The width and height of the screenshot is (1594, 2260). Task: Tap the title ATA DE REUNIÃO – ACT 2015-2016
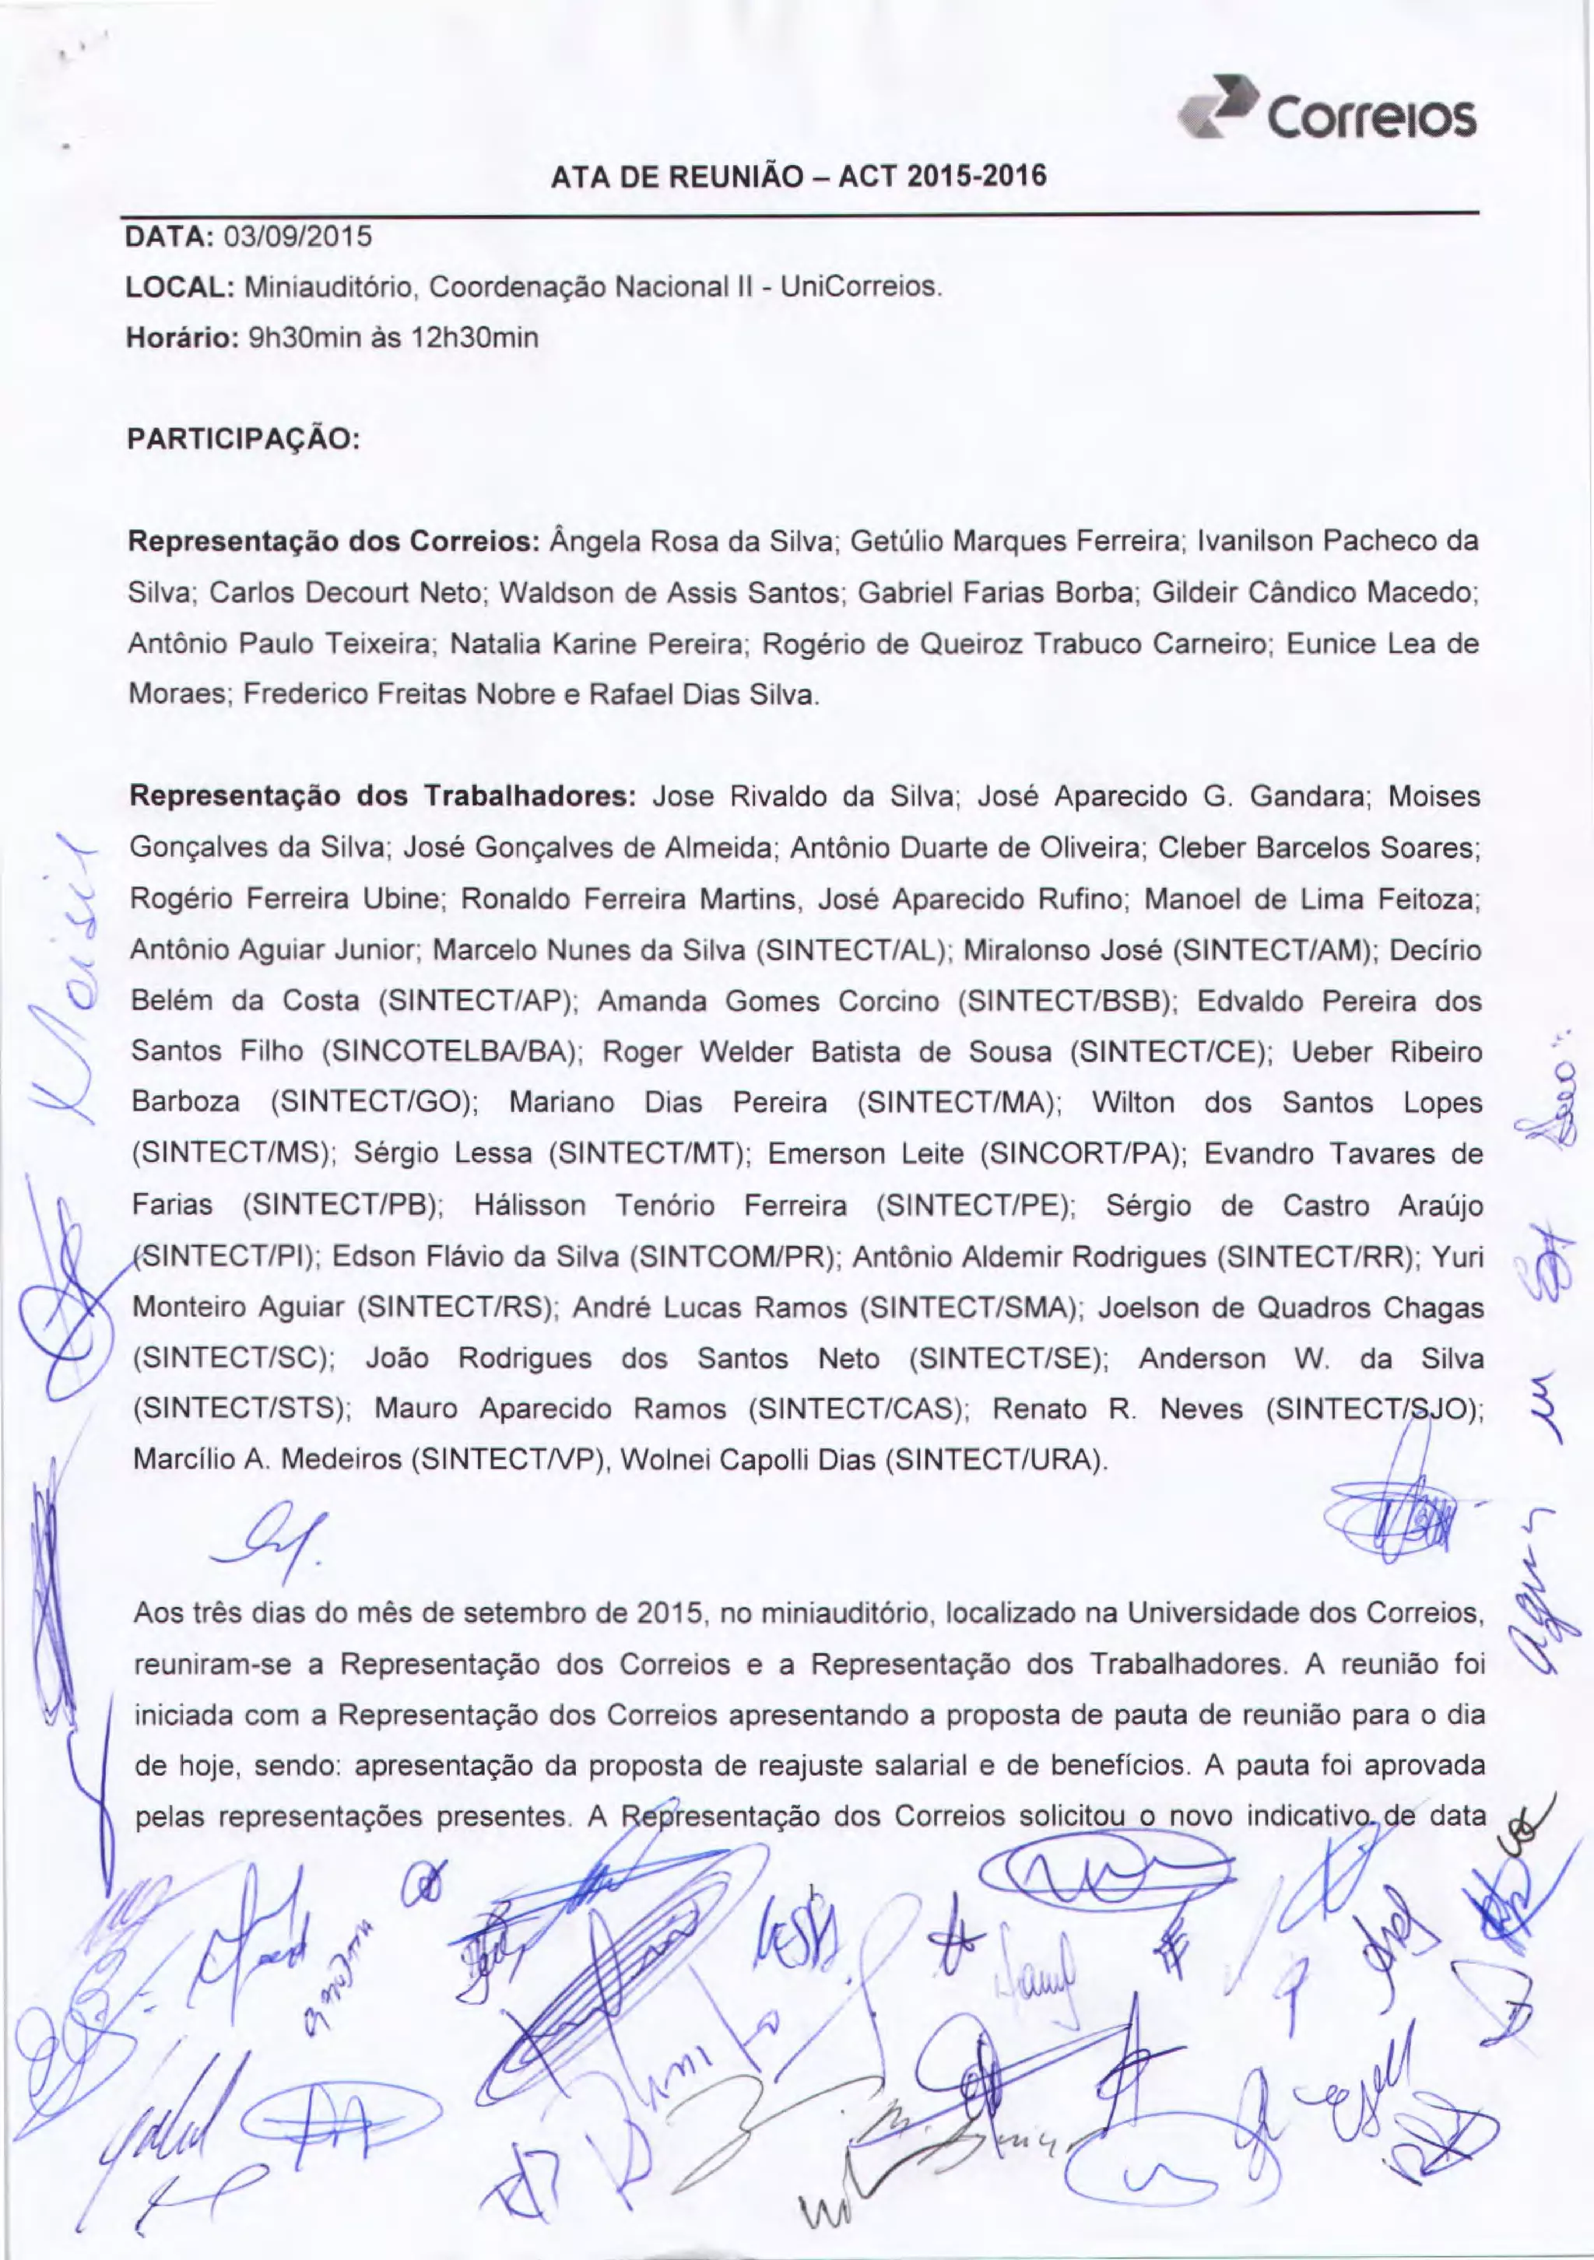point(799,177)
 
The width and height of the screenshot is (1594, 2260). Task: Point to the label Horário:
point(182,339)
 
